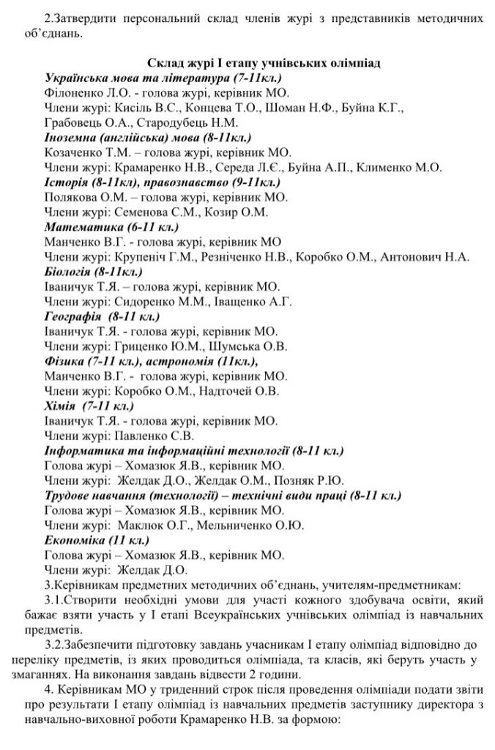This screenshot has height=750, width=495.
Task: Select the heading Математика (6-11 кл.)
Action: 96,227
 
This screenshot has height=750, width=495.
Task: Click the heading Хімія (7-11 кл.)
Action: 88,406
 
